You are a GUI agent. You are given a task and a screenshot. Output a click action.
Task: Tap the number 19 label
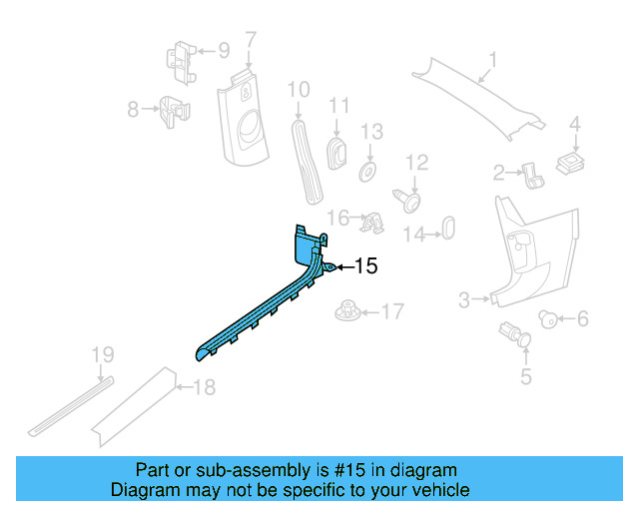[x=103, y=354]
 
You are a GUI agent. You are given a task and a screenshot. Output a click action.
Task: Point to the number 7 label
[x=251, y=40]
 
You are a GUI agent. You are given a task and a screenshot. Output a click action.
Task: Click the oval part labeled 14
[x=447, y=229]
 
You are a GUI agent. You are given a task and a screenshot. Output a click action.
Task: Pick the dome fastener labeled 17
[x=345, y=311]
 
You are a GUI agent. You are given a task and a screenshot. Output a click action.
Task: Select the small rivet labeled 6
[x=548, y=318]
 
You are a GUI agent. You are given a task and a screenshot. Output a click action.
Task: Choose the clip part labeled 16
[x=373, y=221]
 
